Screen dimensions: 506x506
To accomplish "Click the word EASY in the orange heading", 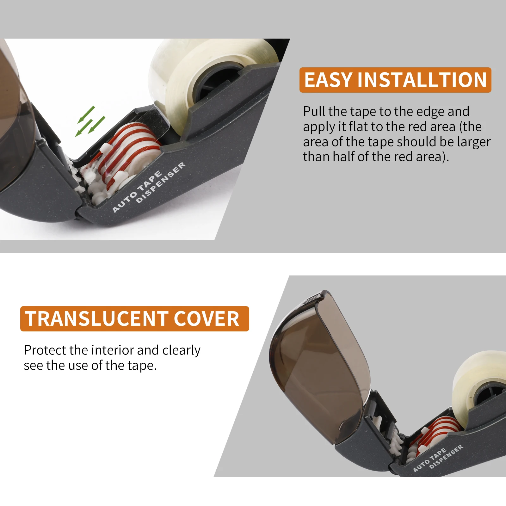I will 328,80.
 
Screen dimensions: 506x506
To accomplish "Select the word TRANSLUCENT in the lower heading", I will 96,318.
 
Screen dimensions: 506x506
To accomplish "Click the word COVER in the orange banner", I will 206,318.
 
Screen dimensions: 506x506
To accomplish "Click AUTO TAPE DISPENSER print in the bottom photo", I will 438,459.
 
